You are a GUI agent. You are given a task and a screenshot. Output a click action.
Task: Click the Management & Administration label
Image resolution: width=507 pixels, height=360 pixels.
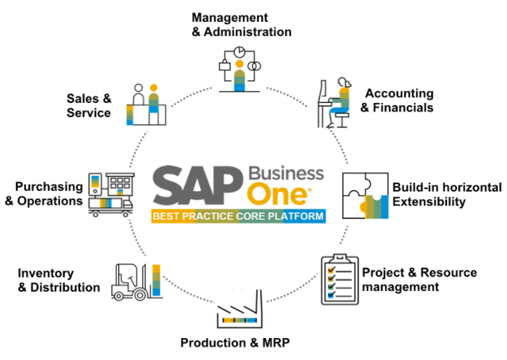pyautogui.click(x=242, y=25)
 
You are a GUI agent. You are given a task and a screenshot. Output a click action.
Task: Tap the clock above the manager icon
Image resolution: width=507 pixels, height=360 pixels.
pyautogui.click(x=239, y=51)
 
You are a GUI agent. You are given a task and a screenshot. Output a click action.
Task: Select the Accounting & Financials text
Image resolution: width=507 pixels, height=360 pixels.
pyautogui.click(x=397, y=100)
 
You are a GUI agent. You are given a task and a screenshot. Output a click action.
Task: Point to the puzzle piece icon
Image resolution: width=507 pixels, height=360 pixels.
pyautogui.click(x=365, y=196)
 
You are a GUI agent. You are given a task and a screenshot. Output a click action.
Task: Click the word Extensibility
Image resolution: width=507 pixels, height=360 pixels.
pyautogui.click(x=429, y=201)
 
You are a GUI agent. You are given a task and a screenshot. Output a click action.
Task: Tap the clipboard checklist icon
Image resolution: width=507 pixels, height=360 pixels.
pyautogui.click(x=340, y=280)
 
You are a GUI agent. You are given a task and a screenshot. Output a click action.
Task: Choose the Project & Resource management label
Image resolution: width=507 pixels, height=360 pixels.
pyautogui.click(x=420, y=280)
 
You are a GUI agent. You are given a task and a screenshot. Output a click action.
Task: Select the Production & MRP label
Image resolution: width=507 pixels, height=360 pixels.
pyautogui.click(x=235, y=342)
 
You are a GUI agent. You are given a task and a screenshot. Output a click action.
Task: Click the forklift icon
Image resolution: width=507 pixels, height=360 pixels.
pyautogui.click(x=136, y=282)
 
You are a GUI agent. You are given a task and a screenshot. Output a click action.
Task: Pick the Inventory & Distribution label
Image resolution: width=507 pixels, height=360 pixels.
pyautogui.click(x=59, y=280)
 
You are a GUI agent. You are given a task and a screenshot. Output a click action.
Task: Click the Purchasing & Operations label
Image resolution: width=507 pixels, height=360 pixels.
pyautogui.click(x=44, y=194)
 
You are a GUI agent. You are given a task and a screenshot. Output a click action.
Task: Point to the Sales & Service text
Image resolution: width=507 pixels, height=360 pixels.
pyautogui.click(x=89, y=106)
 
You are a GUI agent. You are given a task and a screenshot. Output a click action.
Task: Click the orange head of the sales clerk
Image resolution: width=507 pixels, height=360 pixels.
pyautogui.click(x=154, y=87)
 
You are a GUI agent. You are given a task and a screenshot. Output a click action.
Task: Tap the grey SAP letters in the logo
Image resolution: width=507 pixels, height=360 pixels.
pyautogui.click(x=198, y=185)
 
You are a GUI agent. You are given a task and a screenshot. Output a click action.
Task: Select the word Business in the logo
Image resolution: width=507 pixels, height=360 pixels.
pyautogui.click(x=286, y=173)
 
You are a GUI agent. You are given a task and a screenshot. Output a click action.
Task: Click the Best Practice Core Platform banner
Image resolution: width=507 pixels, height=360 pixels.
pyautogui.click(x=239, y=216)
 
